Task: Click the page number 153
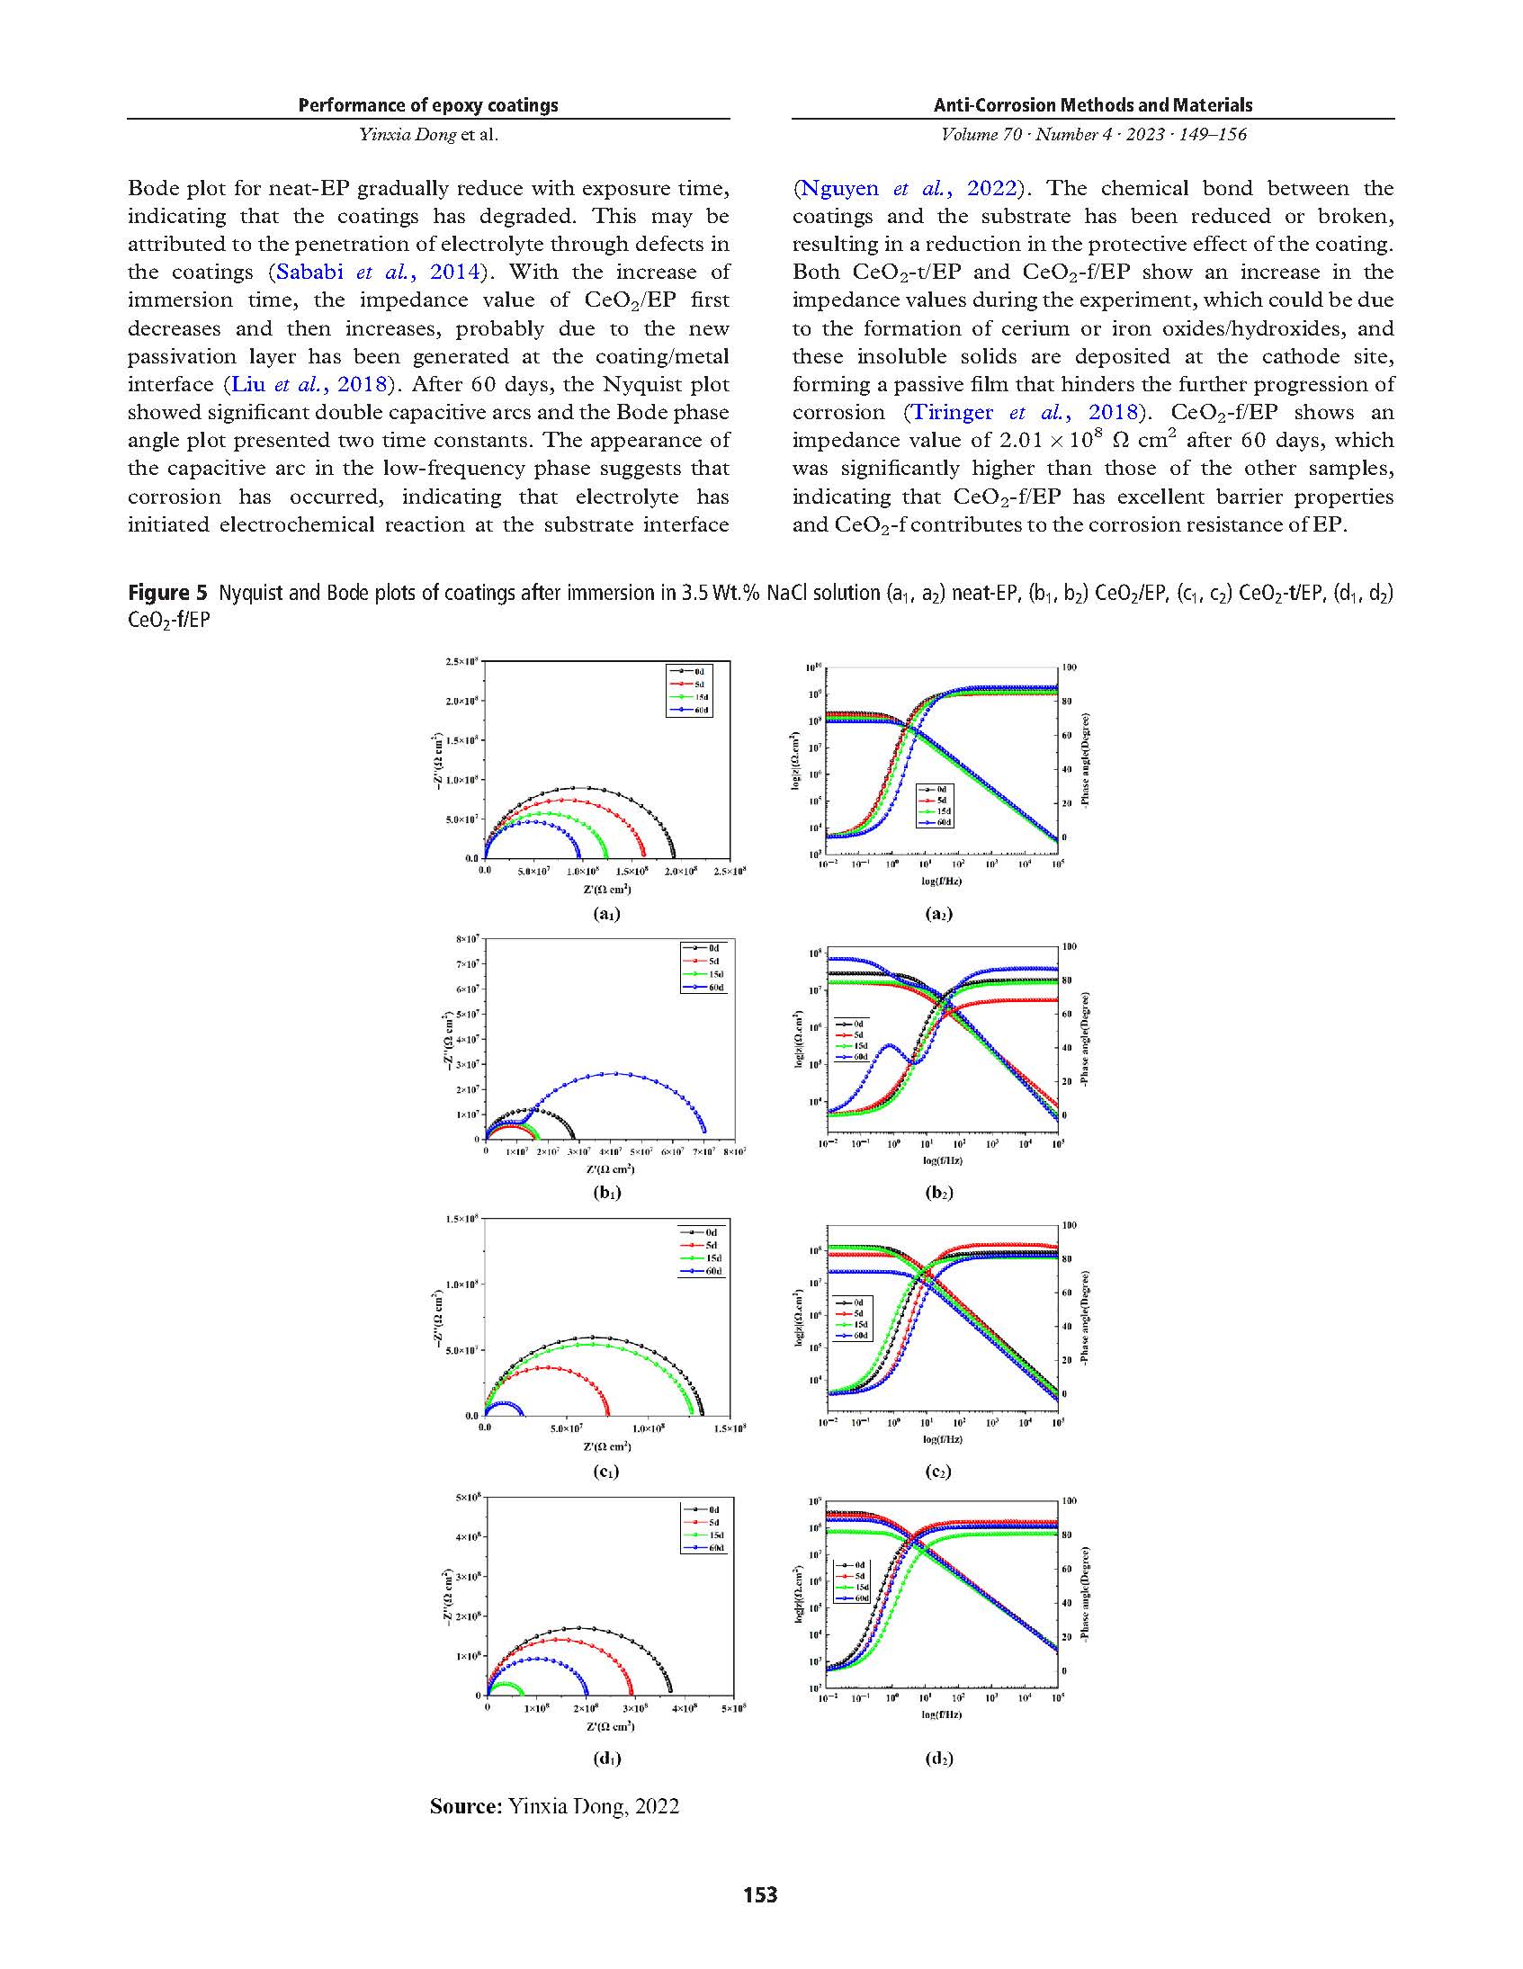760,1894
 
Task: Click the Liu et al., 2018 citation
309,385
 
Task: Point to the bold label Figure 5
166,594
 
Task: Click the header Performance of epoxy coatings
428,105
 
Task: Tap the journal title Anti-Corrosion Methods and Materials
1093,105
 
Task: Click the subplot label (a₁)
607,913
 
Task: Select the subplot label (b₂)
938,1193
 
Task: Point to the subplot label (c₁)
607,1472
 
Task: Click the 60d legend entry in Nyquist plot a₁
690,711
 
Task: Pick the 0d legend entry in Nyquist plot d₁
703,1509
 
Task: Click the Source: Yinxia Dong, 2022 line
553,1806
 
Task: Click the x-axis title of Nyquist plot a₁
607,890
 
